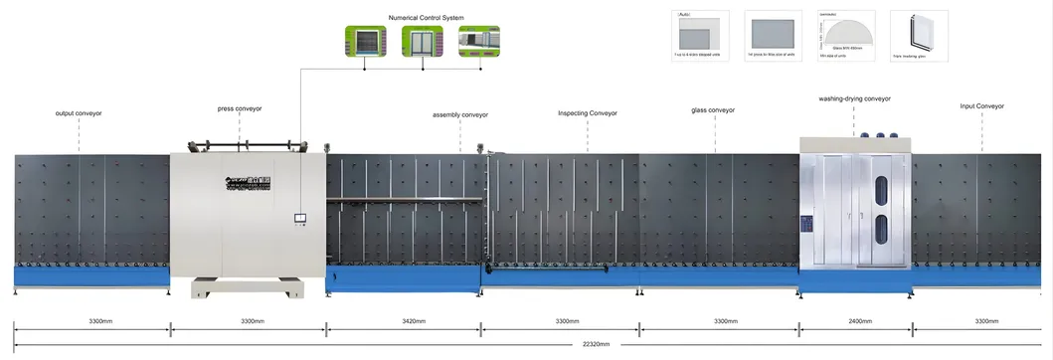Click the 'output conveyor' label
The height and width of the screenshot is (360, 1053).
coord(79,113)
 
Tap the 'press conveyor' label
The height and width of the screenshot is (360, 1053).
coord(239,108)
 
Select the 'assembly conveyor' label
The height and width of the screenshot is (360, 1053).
coord(460,114)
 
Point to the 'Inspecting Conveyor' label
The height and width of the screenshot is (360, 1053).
coord(588,113)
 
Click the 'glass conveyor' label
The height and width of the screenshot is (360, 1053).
coord(713,110)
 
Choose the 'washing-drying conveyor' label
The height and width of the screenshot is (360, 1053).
coord(854,99)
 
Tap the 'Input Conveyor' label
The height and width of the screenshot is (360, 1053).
coord(981,105)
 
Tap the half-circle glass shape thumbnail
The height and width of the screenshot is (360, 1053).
coord(846,38)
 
